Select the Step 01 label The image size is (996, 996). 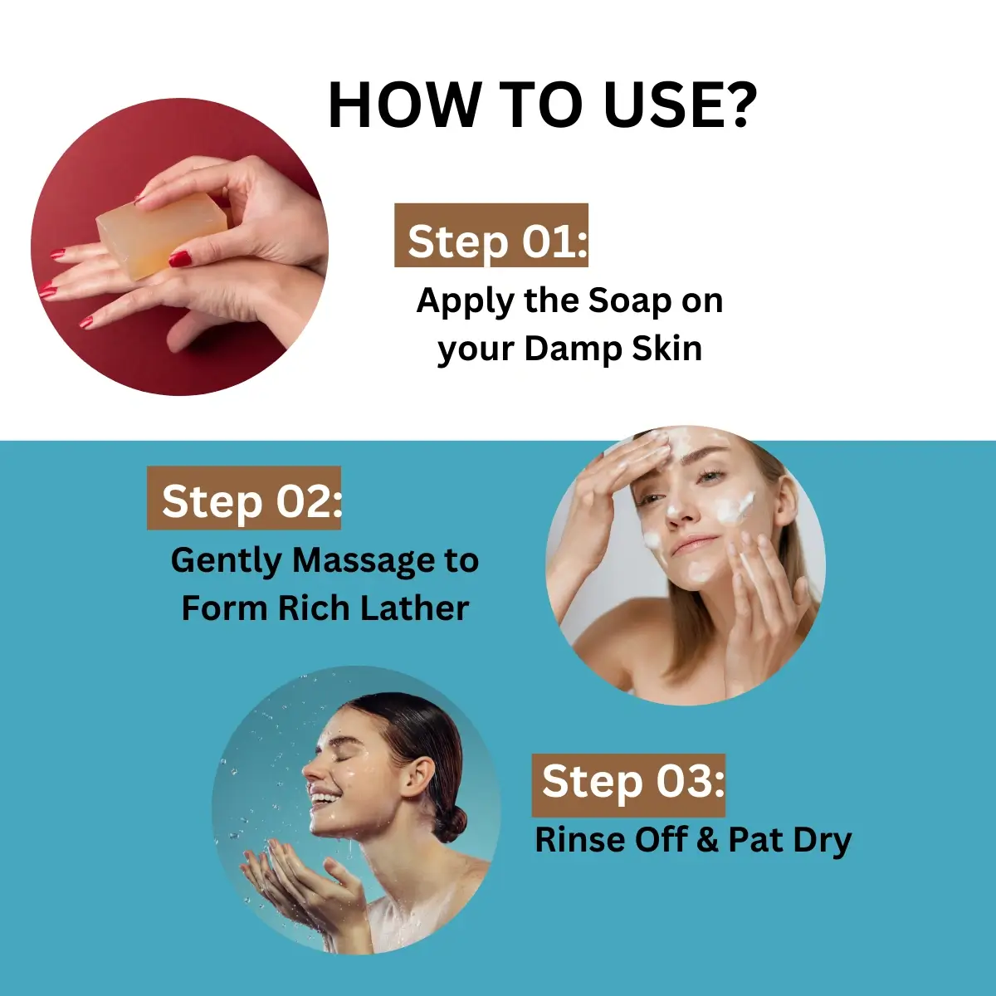click(491, 235)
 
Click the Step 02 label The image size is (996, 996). click(244, 498)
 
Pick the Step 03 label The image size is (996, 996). click(628, 785)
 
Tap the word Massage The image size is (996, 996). click(364, 561)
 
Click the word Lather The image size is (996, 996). click(414, 608)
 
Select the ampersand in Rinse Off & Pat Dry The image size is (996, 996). click(706, 841)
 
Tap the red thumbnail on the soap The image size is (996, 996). click(180, 257)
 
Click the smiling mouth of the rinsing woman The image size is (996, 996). click(323, 798)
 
